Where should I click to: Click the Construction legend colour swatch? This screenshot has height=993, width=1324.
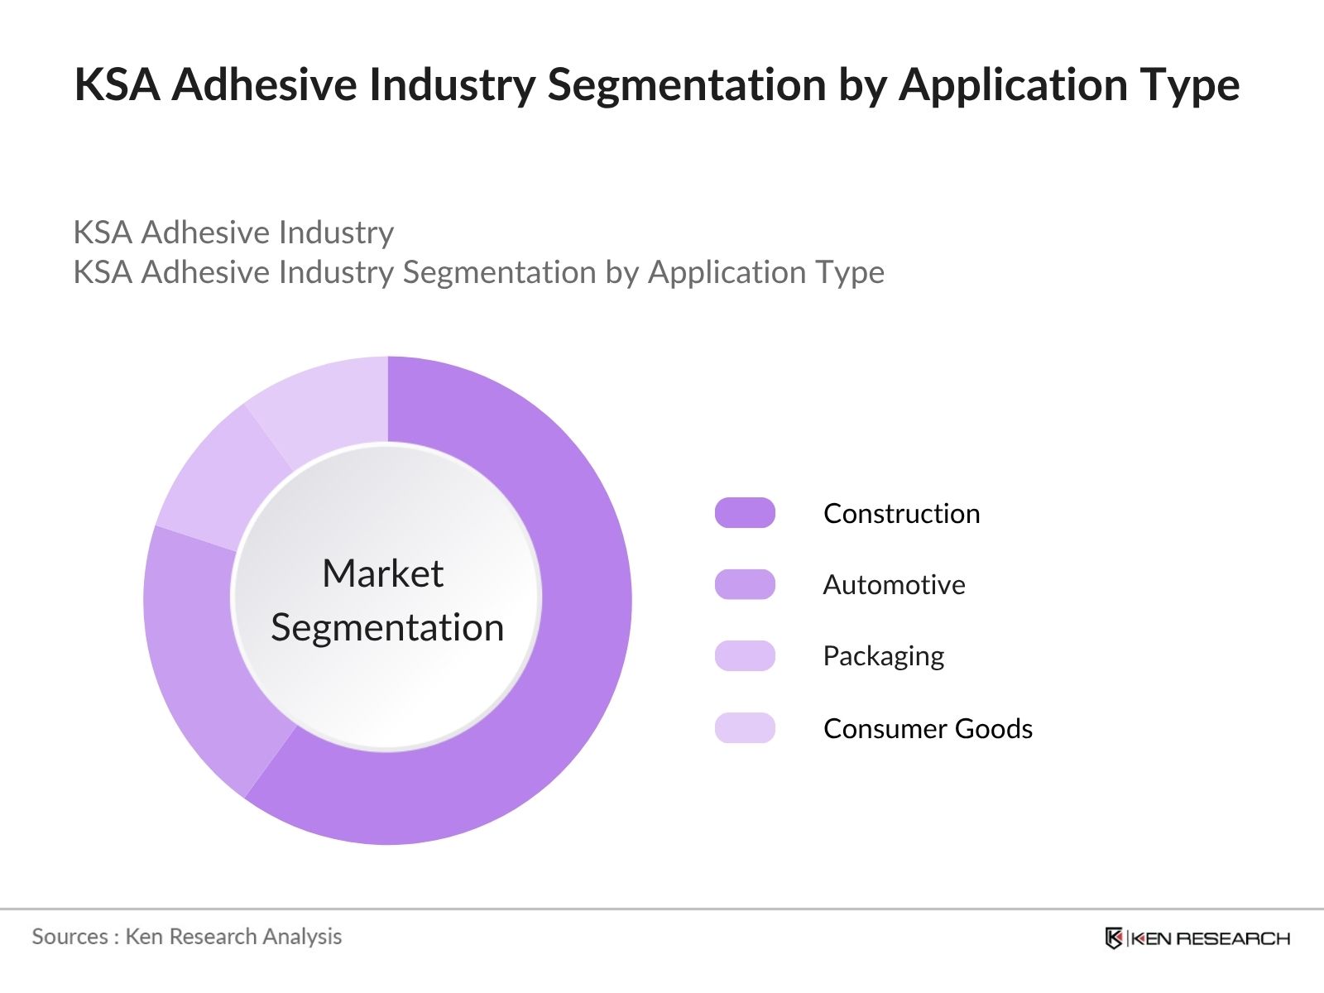745,513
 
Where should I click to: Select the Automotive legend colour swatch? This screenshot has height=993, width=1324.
745,584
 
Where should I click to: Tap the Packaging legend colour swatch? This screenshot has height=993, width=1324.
745,656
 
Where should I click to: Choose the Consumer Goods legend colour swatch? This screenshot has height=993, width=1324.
745,728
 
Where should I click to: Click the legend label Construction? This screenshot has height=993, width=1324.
901,514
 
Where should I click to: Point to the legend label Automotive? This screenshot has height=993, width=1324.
894,585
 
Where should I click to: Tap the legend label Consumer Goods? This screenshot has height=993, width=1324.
928,729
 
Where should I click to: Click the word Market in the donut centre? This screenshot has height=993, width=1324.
383,573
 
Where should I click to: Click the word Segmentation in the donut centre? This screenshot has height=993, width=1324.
387,627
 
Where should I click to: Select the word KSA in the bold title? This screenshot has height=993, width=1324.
118,85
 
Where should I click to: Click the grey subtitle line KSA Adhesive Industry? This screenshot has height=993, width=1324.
233,233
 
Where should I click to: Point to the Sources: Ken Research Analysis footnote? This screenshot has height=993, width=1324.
187,937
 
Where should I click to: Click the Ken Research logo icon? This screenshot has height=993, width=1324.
1114,938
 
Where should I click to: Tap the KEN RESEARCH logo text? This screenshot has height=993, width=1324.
1210,938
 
